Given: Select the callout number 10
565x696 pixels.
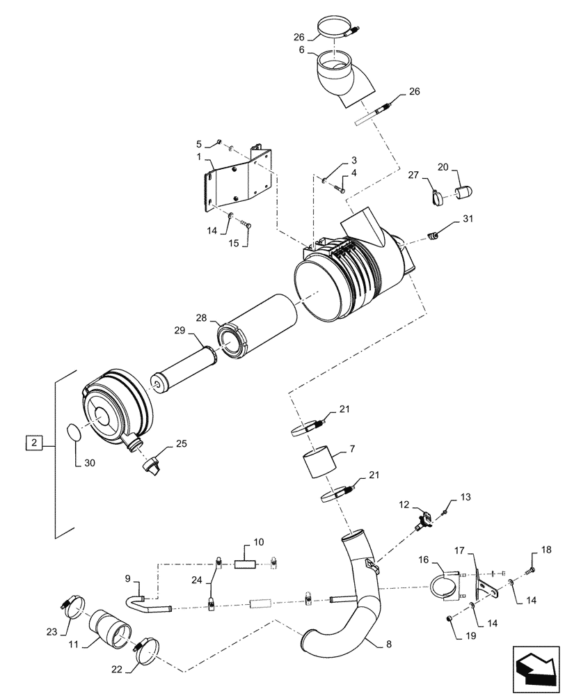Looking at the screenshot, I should click(239, 541).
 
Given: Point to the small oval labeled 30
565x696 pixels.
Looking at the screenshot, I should click(74, 433).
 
